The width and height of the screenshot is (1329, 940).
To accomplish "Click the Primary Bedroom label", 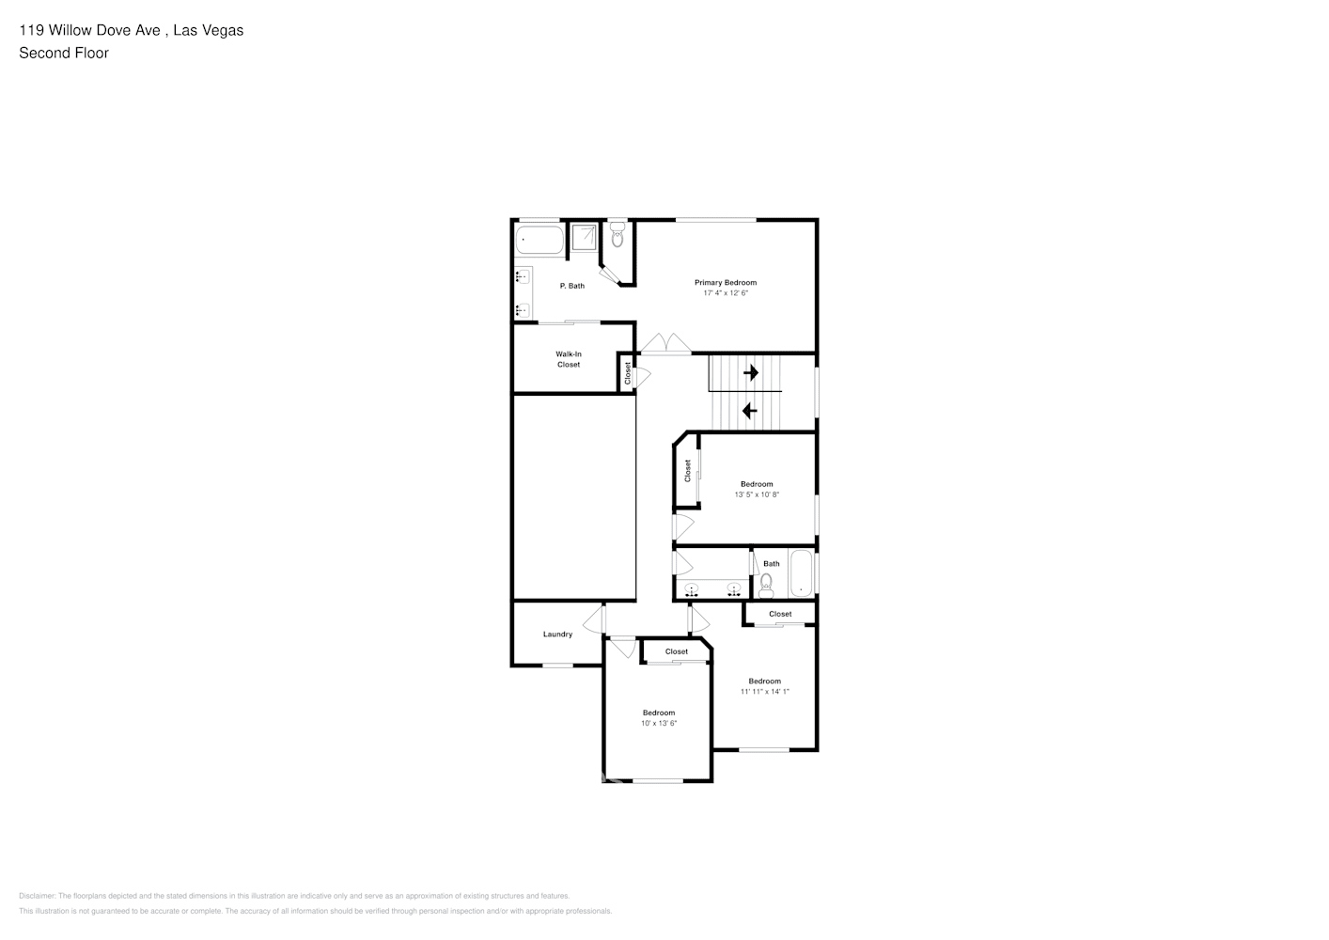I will pyautogui.click(x=725, y=282).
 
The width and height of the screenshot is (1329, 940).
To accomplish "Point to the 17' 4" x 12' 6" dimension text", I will pyautogui.click(x=725, y=293).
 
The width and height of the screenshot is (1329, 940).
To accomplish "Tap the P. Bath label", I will pyautogui.click(x=571, y=286).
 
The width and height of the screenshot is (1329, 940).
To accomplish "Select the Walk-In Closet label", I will pyautogui.click(x=569, y=359).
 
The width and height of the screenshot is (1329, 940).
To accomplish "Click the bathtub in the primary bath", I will pyautogui.click(x=539, y=241).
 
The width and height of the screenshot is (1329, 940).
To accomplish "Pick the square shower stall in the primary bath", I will pyautogui.click(x=584, y=239).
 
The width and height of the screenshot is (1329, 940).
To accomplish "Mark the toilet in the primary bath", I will pyautogui.click(x=618, y=236).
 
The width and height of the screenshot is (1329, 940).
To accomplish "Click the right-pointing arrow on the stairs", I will pyautogui.click(x=750, y=373).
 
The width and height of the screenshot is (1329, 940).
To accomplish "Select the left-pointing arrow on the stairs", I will pyautogui.click(x=750, y=411).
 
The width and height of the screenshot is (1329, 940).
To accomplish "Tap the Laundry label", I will pyautogui.click(x=557, y=634).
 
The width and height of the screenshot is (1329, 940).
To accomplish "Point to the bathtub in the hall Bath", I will pyautogui.click(x=801, y=574).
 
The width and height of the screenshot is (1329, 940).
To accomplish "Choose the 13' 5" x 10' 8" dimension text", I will pyautogui.click(x=757, y=494).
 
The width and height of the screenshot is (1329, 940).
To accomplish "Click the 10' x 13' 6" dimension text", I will pyautogui.click(x=659, y=723).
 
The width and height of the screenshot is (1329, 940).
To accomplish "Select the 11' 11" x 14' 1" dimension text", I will pyautogui.click(x=764, y=692).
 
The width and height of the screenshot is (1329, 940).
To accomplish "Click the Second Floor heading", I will pyautogui.click(x=64, y=53).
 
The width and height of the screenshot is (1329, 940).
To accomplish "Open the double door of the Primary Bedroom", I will pyautogui.click(x=665, y=344).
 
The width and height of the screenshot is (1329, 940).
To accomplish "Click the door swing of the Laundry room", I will pyautogui.click(x=593, y=620).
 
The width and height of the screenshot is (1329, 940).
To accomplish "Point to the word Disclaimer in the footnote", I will pyautogui.click(x=37, y=896).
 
